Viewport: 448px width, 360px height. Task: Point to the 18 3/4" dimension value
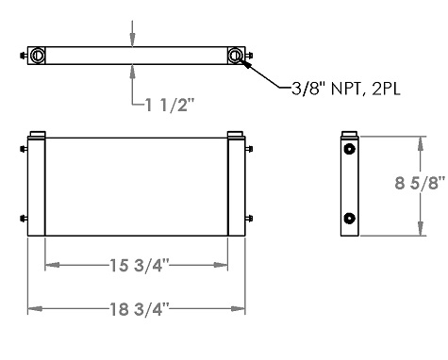point(138,307)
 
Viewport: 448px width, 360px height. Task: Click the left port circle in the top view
point(38,56)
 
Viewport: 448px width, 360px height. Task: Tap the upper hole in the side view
point(350,151)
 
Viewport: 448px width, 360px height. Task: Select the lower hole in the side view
point(350,219)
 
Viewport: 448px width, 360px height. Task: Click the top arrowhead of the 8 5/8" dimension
point(421,140)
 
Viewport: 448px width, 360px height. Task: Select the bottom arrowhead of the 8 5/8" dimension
point(421,230)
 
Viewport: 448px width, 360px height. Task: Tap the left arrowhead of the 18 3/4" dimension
point(32,307)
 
